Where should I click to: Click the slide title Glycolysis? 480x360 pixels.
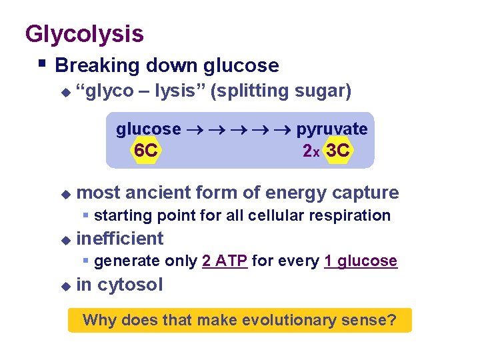84,33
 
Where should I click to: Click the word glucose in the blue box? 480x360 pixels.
148,129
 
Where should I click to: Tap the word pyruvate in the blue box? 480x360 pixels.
331,129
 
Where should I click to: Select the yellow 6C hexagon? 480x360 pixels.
145,151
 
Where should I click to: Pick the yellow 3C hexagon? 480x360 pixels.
337,151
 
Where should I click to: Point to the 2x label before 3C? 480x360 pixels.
311,152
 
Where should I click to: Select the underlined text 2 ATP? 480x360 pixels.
225,261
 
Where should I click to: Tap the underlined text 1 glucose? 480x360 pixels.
361,261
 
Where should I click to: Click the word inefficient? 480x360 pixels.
120,239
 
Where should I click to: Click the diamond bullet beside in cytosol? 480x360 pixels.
65,285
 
